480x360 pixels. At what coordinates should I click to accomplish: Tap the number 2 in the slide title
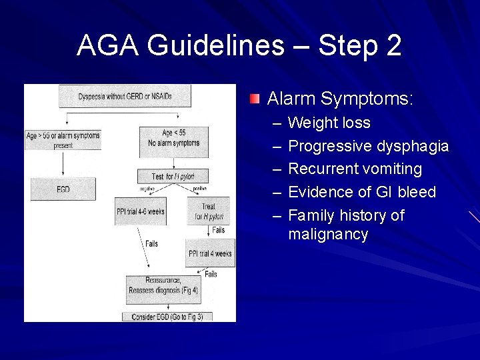(393, 46)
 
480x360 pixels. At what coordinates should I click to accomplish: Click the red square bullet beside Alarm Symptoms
(255, 100)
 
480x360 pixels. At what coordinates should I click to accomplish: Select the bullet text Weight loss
(329, 123)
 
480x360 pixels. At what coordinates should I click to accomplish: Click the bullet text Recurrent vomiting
(355, 169)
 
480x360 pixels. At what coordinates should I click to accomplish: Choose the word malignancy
(328, 235)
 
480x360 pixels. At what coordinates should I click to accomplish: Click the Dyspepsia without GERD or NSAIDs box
(125, 97)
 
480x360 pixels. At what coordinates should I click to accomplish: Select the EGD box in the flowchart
(63, 189)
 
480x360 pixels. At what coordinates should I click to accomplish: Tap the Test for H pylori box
(172, 176)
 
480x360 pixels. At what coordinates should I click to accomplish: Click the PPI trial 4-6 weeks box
(140, 211)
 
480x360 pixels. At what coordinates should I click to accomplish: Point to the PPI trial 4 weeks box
(209, 253)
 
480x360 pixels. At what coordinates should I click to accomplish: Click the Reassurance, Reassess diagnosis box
(163, 285)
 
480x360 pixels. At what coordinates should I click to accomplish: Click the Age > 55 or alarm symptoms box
(63, 139)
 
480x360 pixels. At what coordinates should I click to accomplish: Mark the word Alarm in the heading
(291, 100)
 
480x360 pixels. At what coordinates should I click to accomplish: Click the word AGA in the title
(109, 46)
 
